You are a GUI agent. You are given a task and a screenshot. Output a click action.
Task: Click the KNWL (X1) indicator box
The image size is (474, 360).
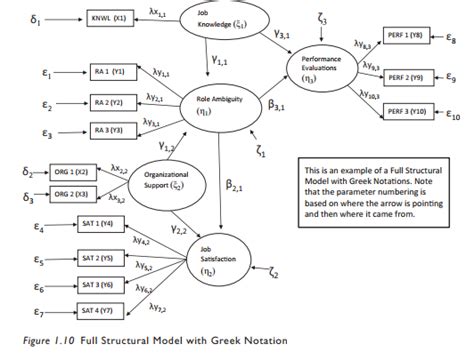[99, 18]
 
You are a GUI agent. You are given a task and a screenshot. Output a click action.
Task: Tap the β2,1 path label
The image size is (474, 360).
[233, 186]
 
